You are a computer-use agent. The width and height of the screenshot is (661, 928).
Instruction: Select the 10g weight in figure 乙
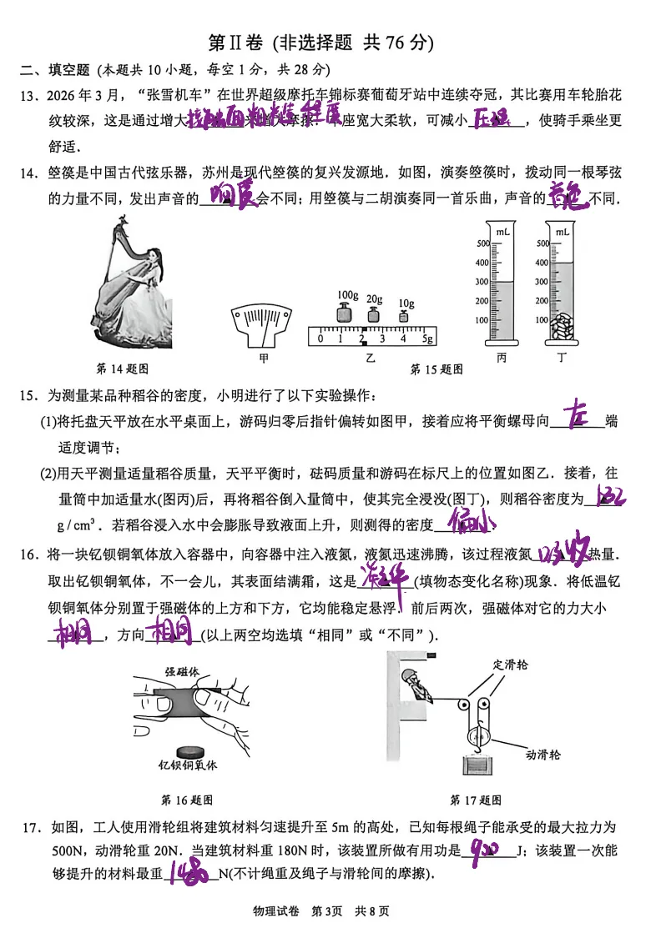click(406, 315)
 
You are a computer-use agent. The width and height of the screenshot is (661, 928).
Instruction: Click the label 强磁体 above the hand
click(181, 670)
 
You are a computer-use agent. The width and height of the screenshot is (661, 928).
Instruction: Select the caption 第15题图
click(436, 369)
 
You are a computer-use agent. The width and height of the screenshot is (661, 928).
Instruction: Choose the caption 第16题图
click(187, 800)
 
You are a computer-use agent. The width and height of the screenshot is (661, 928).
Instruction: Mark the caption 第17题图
click(476, 800)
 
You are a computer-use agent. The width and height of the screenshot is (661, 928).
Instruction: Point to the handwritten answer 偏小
click(471, 523)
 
